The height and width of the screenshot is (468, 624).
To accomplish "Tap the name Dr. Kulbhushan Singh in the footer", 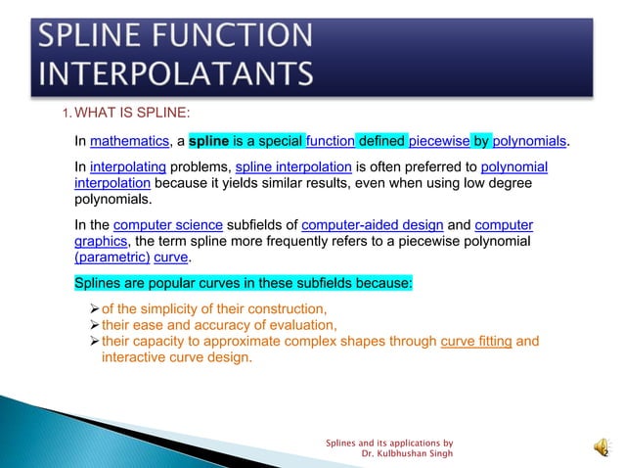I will (407, 454).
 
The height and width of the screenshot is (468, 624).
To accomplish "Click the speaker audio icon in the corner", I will (599, 447).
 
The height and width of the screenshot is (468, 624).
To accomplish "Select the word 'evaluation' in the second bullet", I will (300, 325).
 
